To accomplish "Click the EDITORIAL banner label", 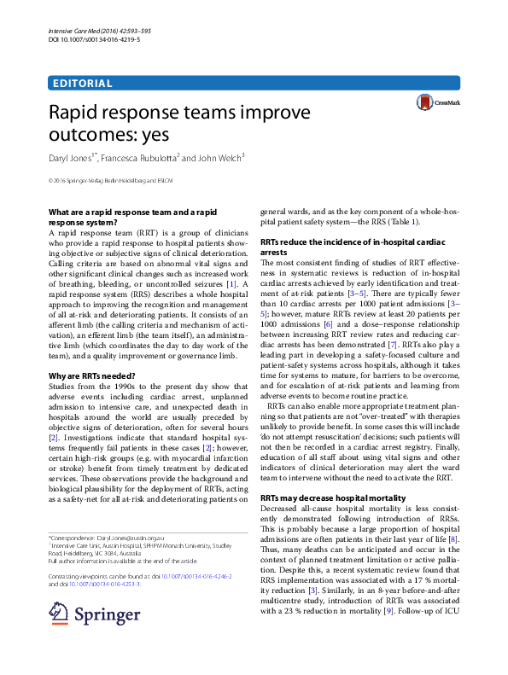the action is [82, 84].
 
